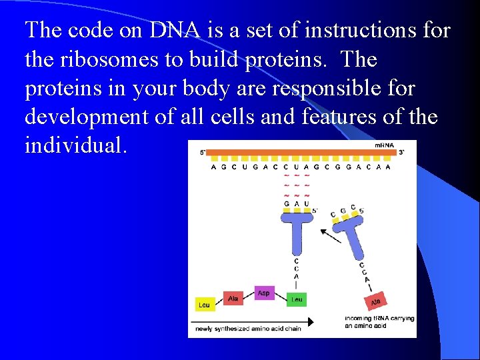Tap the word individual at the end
pyautogui.click(x=75, y=145)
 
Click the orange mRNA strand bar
pyautogui.click(x=300, y=152)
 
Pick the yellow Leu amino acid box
pyautogui.click(x=204, y=305)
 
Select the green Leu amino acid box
pyautogui.click(x=297, y=299)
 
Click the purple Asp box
pyautogui.click(x=265, y=293)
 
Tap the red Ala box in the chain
pyautogui.click(x=233, y=299)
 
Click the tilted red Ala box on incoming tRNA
pyautogui.click(x=377, y=301)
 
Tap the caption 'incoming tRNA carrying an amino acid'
pyautogui.click(x=379, y=322)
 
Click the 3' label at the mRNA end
pyautogui.click(x=401, y=153)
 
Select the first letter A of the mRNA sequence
pyautogui.click(x=213, y=167)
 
